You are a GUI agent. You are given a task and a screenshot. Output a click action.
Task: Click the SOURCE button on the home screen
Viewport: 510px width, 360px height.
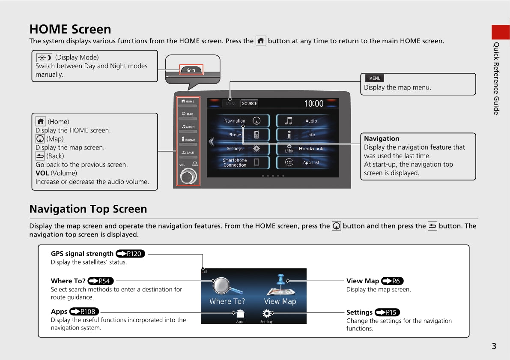pos(250,104)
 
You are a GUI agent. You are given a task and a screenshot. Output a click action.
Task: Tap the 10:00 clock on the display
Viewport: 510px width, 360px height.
pos(314,104)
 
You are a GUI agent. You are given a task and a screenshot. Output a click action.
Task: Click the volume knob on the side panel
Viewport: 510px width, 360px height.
pos(188,177)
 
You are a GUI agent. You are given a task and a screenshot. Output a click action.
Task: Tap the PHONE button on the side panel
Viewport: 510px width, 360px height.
pos(188,140)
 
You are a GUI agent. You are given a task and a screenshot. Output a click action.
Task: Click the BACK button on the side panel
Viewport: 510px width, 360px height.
pos(188,152)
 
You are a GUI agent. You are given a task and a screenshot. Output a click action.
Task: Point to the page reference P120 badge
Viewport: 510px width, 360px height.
pos(131,254)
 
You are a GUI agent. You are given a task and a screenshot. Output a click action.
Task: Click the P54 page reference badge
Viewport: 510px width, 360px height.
pos(101,281)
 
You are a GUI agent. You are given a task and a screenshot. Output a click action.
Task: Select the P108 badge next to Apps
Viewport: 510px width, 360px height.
pos(84,312)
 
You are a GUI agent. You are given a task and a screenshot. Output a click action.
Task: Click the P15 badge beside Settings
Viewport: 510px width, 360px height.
pos(388,312)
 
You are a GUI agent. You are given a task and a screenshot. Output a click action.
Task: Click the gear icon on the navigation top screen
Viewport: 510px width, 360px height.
pos(267,314)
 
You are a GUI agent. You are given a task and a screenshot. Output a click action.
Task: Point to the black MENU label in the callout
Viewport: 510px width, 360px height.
pos(375,78)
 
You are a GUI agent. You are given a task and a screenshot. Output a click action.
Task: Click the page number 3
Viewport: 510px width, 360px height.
pos(494,346)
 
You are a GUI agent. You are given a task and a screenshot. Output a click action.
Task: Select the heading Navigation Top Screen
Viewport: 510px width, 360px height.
pos(88,209)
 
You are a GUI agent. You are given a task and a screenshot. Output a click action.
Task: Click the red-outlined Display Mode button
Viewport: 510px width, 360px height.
pos(191,70)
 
